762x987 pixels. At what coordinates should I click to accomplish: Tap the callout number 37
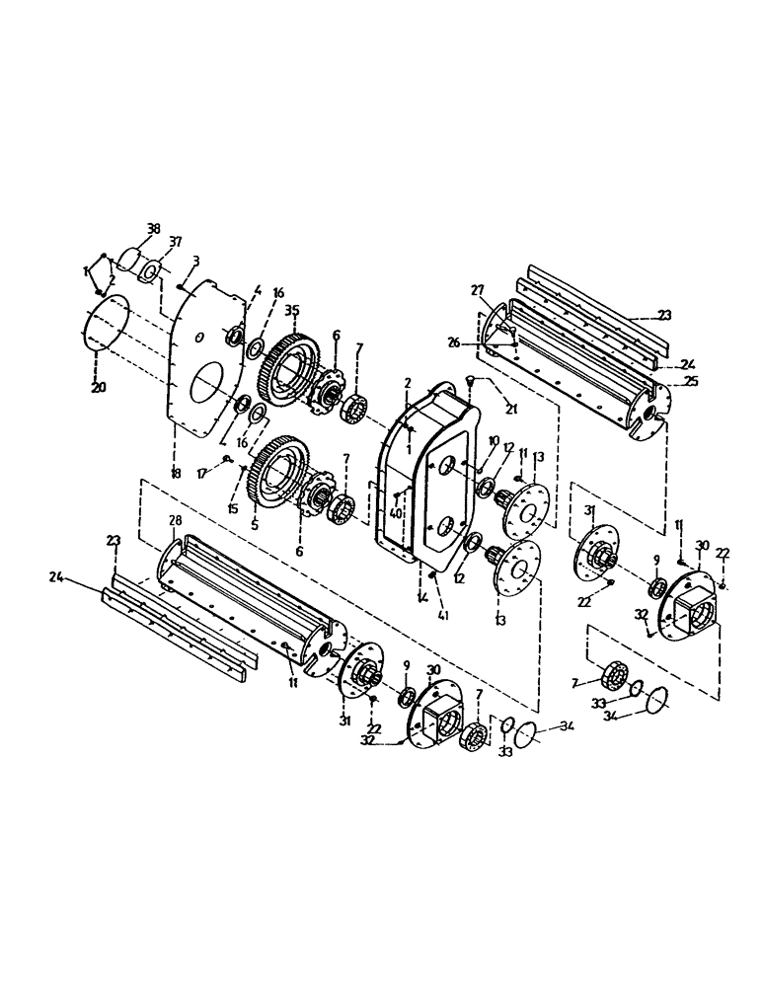point(176,242)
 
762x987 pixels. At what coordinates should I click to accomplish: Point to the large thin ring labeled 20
point(108,326)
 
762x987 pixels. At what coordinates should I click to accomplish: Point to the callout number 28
point(175,520)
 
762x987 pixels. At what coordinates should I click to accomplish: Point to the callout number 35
point(291,310)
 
